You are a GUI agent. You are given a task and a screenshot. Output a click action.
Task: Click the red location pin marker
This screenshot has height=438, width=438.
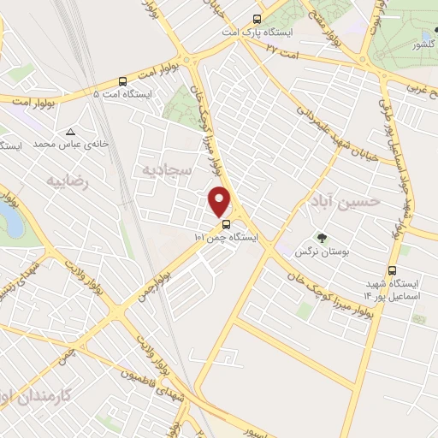[221, 202]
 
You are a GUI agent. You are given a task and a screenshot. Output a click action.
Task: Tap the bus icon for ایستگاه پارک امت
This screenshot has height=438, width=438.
[257, 19]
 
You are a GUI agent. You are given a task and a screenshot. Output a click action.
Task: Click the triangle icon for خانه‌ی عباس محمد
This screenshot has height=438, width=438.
[70, 132]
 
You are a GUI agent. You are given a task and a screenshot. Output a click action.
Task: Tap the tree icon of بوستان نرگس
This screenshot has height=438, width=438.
[322, 238]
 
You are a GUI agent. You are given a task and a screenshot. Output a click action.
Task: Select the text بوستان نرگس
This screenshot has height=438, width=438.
[314, 252]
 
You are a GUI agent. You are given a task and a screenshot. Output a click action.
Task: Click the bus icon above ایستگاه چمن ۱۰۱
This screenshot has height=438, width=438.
[225, 225]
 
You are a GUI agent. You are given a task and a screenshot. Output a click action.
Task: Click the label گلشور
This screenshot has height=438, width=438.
[424, 44]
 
